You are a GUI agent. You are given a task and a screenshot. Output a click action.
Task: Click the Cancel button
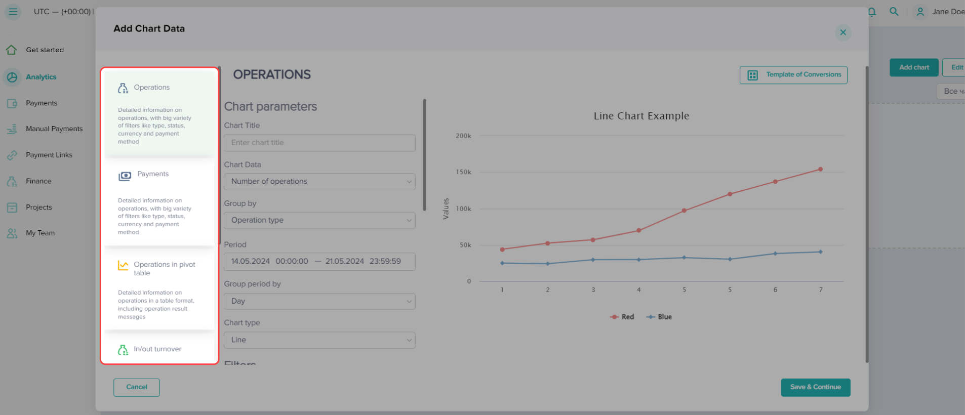137,387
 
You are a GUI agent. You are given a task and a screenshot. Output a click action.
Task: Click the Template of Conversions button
793,75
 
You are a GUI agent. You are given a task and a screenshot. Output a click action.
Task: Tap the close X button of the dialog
843,32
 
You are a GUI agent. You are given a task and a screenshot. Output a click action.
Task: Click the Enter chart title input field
319,143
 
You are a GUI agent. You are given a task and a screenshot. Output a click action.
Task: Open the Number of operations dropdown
319,182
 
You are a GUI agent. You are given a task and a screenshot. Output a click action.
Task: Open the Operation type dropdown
319,220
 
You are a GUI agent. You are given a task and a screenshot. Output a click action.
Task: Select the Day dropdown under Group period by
319,301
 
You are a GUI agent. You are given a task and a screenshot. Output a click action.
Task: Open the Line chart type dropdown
319,340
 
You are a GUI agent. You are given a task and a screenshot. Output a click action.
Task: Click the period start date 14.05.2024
251,261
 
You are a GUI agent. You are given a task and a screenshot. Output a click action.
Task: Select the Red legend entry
622,317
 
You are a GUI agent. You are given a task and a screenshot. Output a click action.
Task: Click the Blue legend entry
659,317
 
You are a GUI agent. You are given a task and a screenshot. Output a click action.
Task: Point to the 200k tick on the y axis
463,136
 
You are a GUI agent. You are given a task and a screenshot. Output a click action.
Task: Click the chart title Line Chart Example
641,116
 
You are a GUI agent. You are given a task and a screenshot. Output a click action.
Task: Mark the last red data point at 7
820,170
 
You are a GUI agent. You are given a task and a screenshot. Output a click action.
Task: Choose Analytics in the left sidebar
41,77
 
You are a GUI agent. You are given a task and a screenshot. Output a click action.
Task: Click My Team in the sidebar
40,233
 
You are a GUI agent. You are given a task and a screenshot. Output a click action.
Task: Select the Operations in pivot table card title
164,268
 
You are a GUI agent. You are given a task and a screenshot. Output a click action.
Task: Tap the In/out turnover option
157,349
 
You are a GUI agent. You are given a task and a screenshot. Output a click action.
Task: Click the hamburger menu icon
13,12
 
